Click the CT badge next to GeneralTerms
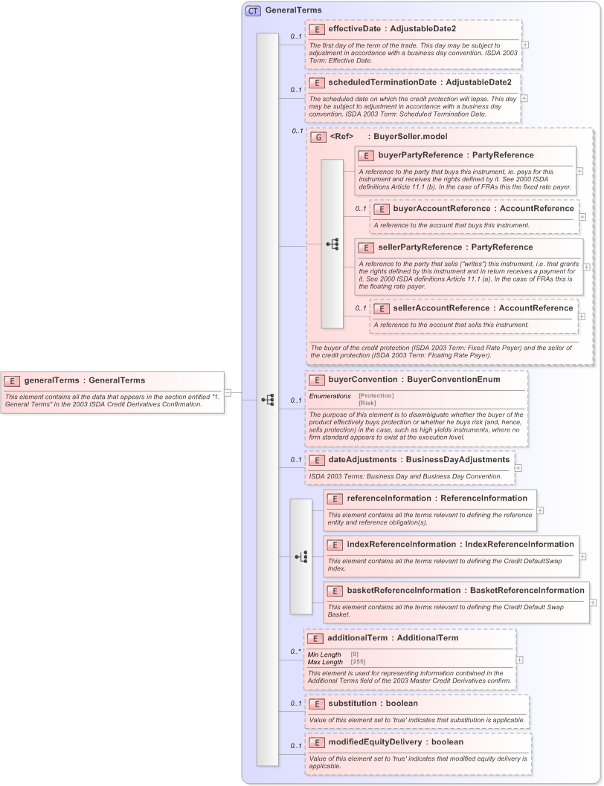pos(253,10)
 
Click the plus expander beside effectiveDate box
pos(525,44)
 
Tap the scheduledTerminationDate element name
pos(382,82)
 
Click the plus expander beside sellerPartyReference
pos(587,267)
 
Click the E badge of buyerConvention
pos(315,380)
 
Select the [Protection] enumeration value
pos(376,396)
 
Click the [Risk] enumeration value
pos(367,403)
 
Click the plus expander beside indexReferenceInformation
pos(583,556)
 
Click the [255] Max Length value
pos(358,661)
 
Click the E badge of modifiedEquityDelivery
pos(315,742)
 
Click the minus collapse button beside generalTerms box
pos(228,392)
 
